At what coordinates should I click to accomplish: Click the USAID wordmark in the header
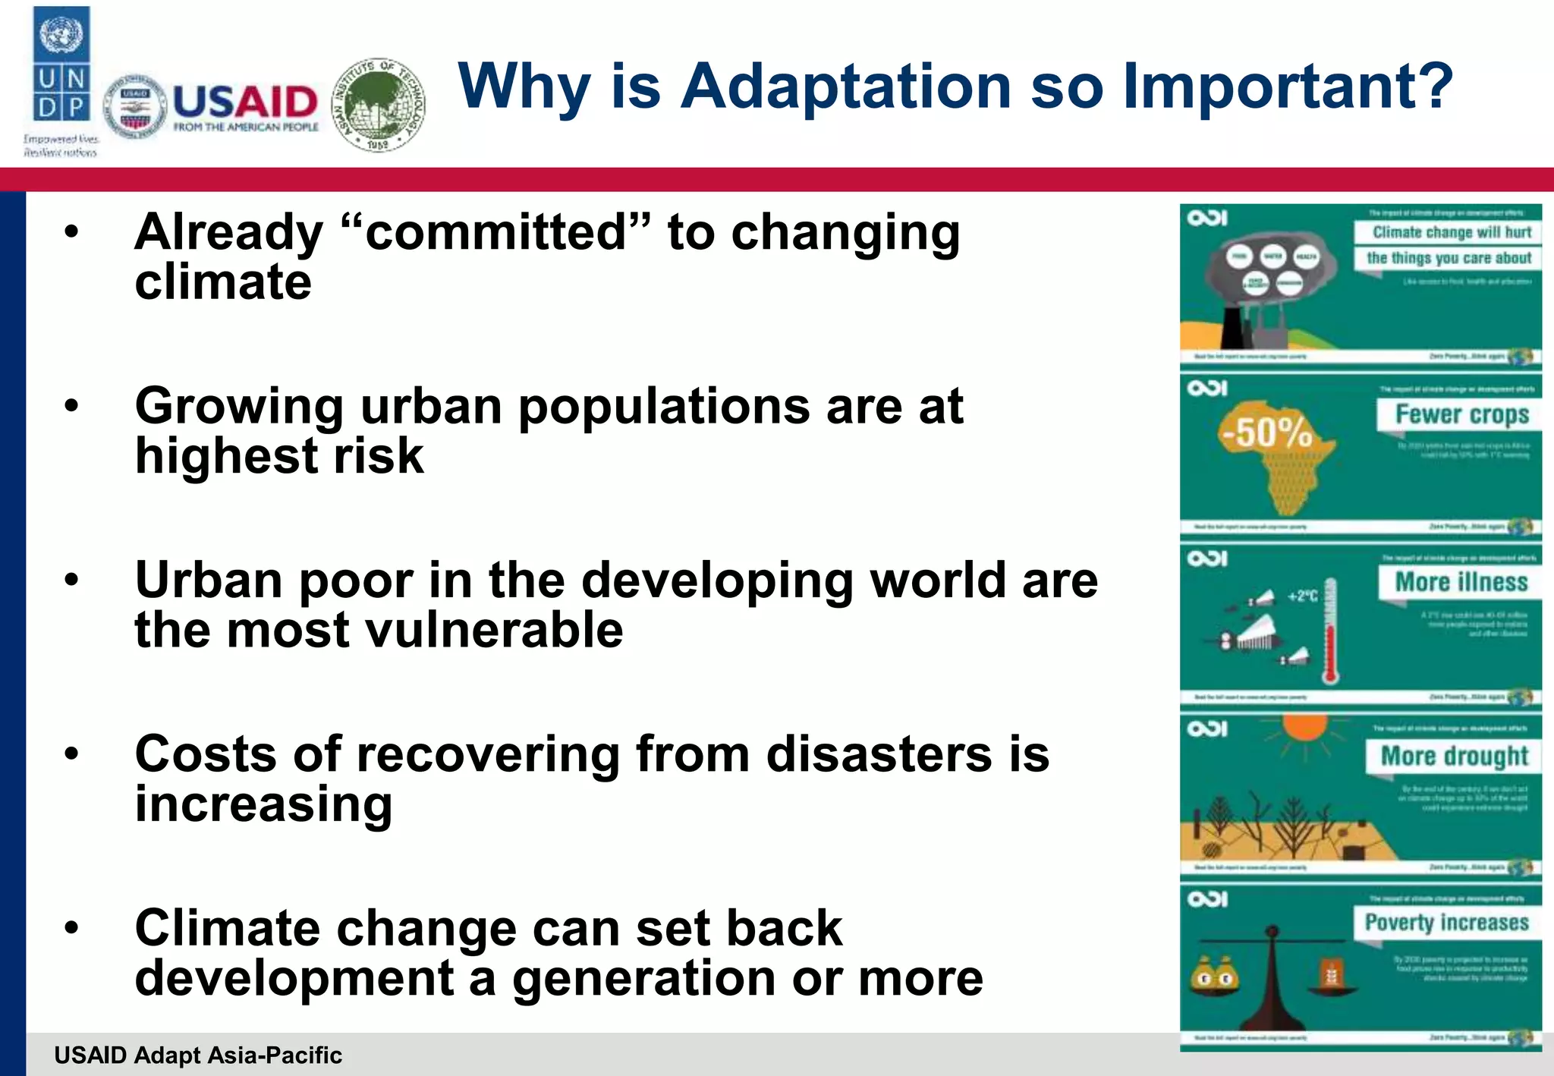245,102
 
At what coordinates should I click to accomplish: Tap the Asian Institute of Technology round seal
379,104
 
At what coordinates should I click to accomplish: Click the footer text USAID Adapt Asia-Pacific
198,1056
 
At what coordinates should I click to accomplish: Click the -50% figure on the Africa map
1266,433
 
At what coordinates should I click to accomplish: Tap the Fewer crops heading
1461,414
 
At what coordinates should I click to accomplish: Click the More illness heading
1461,582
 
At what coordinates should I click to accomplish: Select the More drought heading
1454,756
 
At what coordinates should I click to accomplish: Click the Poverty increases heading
1446,923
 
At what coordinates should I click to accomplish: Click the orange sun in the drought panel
1305,726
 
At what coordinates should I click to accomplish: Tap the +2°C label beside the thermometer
1302,596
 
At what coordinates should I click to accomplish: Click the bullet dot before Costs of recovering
71,754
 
